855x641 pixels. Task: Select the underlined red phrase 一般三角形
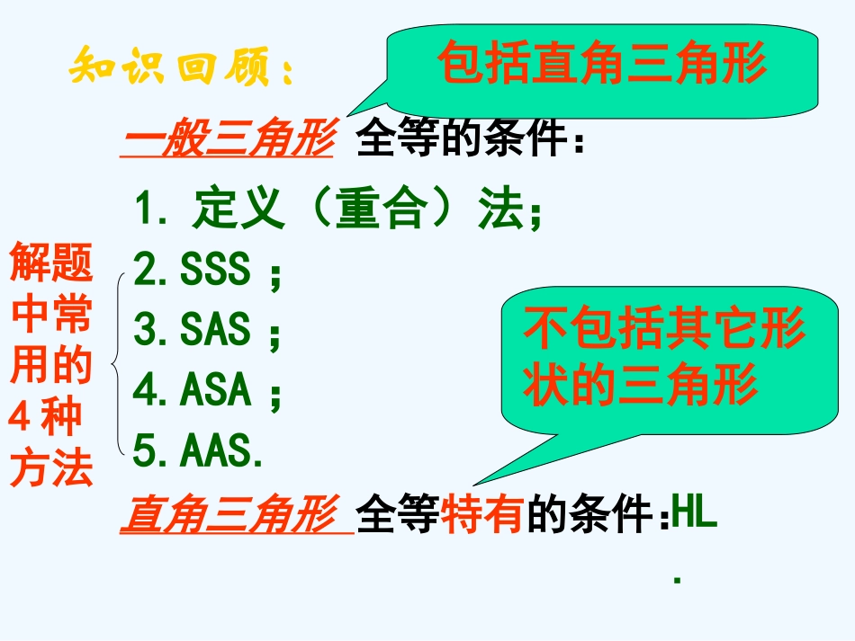[x=229, y=141]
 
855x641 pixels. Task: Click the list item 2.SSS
[x=206, y=271]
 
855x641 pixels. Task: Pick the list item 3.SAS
[x=206, y=331]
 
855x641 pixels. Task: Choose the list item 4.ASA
[x=206, y=391]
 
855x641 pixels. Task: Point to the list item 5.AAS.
[x=199, y=450]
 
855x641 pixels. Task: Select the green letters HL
[x=694, y=517]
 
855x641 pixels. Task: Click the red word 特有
[x=484, y=519]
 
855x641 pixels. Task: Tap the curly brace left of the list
[x=118, y=362]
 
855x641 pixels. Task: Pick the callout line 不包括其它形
[x=664, y=330]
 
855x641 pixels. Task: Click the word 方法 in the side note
[x=51, y=469]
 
